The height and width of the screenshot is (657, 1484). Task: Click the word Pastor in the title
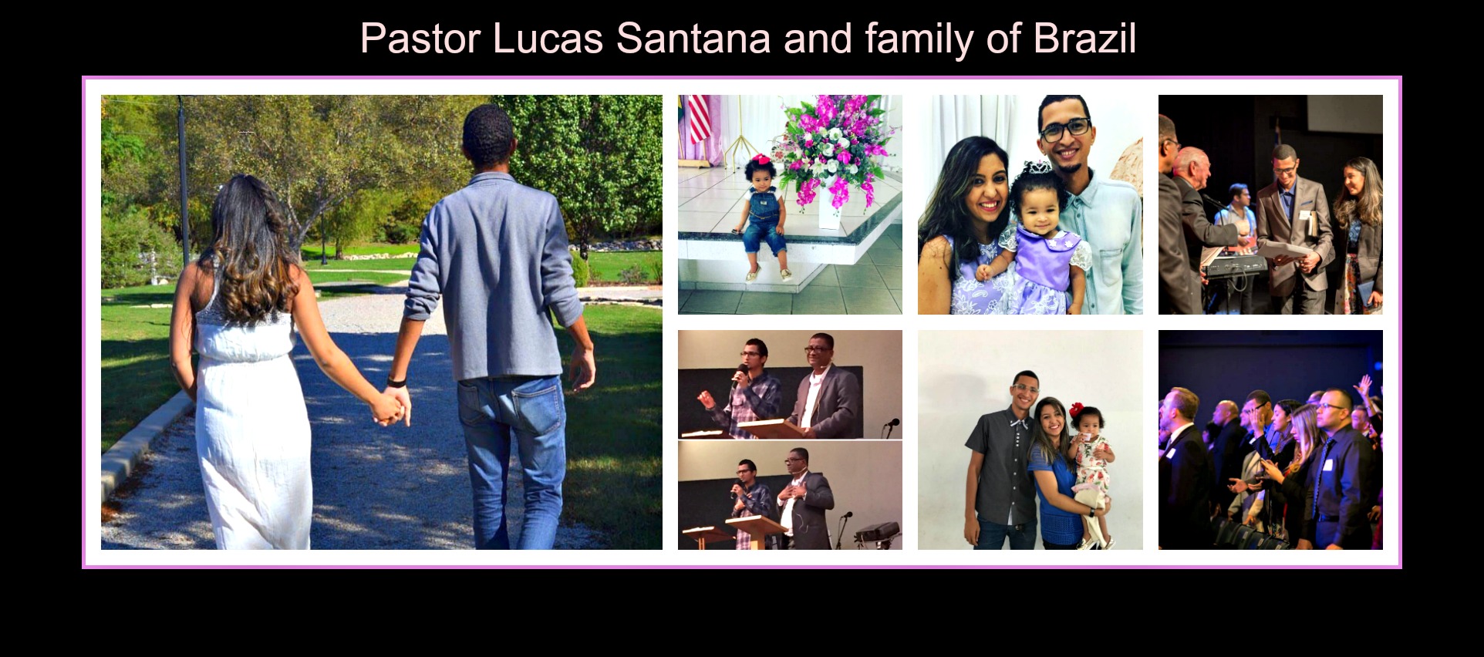click(x=420, y=39)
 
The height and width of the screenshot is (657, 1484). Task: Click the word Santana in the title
click(x=693, y=39)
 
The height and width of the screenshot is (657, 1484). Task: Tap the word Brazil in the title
click(x=1084, y=39)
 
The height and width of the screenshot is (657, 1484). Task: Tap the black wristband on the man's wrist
click(x=396, y=381)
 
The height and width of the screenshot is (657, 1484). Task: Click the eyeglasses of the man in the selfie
click(x=1064, y=128)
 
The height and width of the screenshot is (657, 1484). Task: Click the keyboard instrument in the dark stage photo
click(x=1236, y=264)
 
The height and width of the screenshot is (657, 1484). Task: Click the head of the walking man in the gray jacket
click(x=487, y=136)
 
